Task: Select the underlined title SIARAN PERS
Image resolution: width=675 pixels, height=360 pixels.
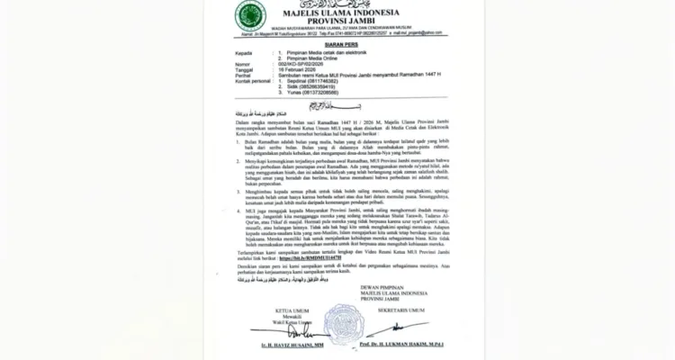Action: [337, 52]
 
